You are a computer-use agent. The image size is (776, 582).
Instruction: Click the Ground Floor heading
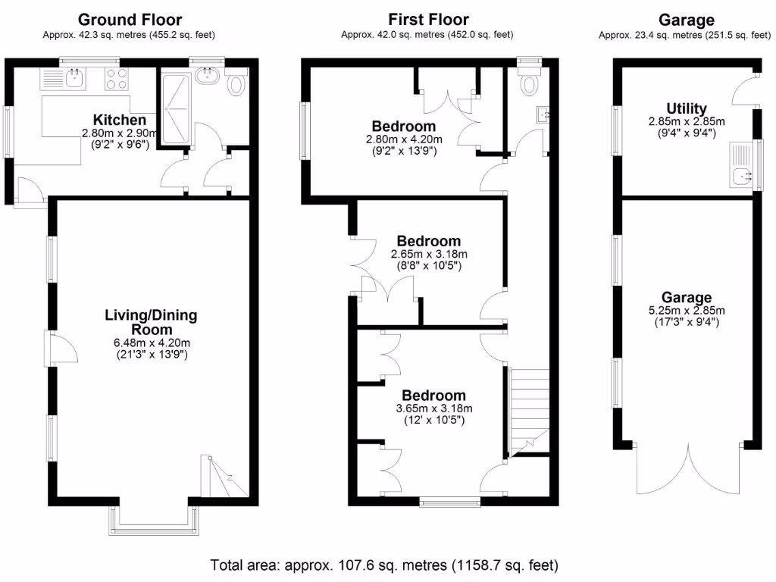click(130, 20)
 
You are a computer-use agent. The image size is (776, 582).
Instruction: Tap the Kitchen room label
click(119, 120)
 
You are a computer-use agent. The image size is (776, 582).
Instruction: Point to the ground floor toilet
click(236, 85)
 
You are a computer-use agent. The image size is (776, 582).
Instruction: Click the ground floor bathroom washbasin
click(206, 75)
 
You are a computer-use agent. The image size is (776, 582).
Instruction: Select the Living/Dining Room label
click(151, 322)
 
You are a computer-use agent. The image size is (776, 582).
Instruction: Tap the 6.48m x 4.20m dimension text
click(151, 343)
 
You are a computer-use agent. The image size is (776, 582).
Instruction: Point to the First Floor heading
click(428, 20)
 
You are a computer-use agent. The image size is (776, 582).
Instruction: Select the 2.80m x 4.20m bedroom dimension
click(404, 139)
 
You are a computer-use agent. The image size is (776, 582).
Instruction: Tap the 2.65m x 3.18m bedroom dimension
click(429, 254)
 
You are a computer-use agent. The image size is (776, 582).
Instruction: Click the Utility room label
click(687, 108)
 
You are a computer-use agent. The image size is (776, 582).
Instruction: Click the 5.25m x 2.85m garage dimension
click(687, 310)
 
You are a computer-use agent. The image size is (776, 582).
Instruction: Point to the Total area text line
click(384, 565)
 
